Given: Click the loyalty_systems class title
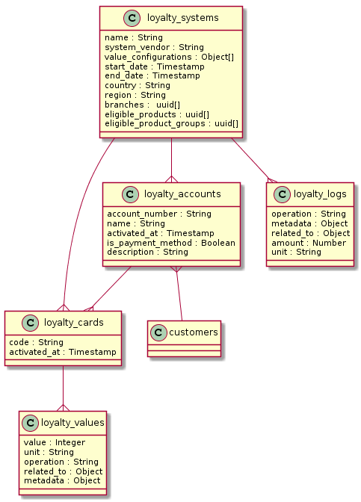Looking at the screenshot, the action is tap(182, 18).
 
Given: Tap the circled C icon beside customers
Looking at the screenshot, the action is tap(158, 332).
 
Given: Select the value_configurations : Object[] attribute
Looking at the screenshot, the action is tap(169, 57).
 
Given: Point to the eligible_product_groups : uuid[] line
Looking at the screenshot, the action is tap(171, 123).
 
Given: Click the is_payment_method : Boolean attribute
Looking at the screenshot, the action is tap(171, 243).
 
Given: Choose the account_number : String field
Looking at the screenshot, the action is tap(159, 214).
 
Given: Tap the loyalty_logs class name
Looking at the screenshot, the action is tap(320, 194).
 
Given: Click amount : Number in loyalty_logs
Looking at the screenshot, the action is tap(309, 243).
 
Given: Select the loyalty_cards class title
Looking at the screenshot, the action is tap(74, 323).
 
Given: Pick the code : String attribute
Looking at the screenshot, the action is tap(36, 342).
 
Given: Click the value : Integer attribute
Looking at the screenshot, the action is tap(55, 442).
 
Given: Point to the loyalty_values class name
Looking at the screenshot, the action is tap(72, 423).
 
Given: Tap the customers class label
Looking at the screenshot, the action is tap(194, 332).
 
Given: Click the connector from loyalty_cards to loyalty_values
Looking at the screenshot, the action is tap(63, 388).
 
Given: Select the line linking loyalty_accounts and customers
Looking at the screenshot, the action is tap(179, 294).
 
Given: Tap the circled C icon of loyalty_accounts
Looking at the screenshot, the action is tap(130, 194).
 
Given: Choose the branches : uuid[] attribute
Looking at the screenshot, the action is tap(142, 105).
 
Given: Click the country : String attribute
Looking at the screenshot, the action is tap(138, 85).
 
